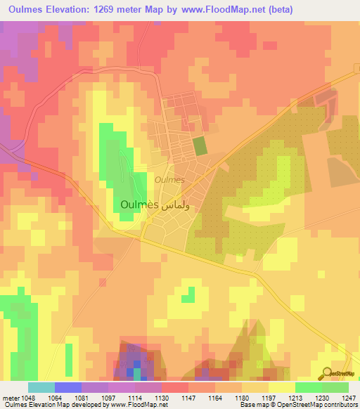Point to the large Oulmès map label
136,206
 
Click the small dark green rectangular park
200,146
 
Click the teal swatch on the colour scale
41,387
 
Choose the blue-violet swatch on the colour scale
68,387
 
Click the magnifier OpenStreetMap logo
327,374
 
